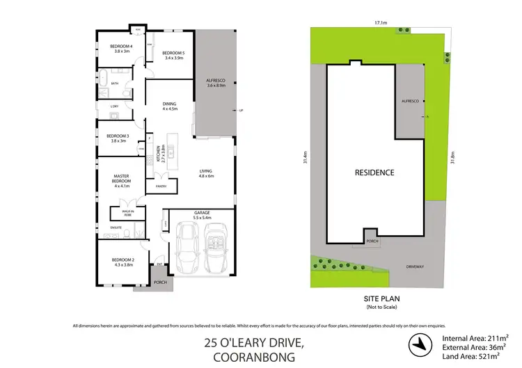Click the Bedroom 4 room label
[122, 48]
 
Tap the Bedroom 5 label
[173, 55]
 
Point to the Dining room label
[170, 106]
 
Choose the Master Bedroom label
[122, 179]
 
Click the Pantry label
[160, 186]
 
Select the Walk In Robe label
[128, 212]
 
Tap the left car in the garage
[187, 248]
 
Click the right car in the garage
[216, 248]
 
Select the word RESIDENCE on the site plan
[374, 173]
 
